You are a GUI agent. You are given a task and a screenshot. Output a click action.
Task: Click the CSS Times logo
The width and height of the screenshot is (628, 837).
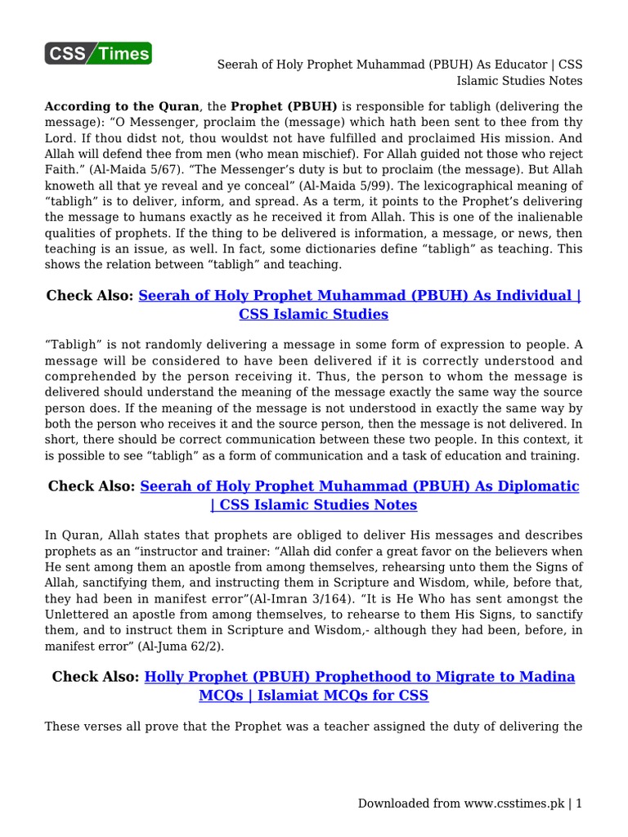pyautogui.click(x=97, y=54)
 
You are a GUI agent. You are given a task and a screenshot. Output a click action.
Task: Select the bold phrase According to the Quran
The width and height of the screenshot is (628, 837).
pyautogui.click(x=121, y=106)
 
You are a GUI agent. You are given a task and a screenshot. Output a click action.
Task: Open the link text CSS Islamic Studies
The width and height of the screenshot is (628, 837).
pyautogui.click(x=313, y=314)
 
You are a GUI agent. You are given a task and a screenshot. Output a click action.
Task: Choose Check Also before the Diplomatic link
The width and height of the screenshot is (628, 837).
pyautogui.click(x=92, y=486)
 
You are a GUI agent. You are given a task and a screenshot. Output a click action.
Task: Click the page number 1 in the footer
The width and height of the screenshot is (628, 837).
pyautogui.click(x=579, y=803)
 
